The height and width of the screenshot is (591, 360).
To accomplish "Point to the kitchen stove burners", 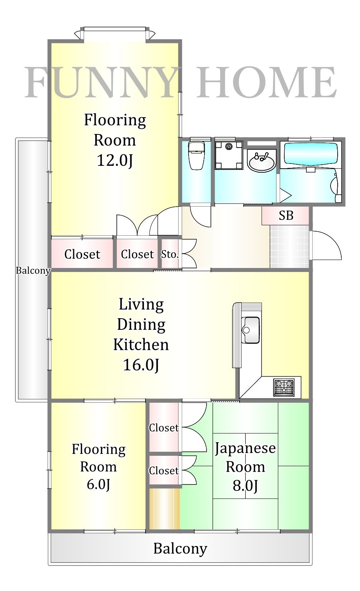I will (x=283, y=387).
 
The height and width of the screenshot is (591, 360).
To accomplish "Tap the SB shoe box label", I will (x=286, y=215).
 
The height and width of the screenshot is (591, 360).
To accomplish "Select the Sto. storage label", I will (x=169, y=254).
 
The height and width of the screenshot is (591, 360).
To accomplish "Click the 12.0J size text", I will (x=114, y=160).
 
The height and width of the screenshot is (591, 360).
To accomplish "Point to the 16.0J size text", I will (x=141, y=364).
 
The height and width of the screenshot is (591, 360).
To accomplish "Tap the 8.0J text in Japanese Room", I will (x=245, y=486).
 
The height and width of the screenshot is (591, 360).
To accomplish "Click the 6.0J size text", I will (x=98, y=484).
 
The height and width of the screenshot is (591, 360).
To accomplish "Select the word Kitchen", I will (x=141, y=345).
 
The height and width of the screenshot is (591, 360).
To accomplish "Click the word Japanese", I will (x=245, y=448).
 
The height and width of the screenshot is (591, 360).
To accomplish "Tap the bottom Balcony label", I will (x=180, y=549).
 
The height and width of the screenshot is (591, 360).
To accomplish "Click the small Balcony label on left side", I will (x=33, y=271).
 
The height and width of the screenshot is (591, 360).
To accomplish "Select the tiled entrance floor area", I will (x=289, y=246).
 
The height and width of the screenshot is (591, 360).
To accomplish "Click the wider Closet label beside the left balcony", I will (x=83, y=254).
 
